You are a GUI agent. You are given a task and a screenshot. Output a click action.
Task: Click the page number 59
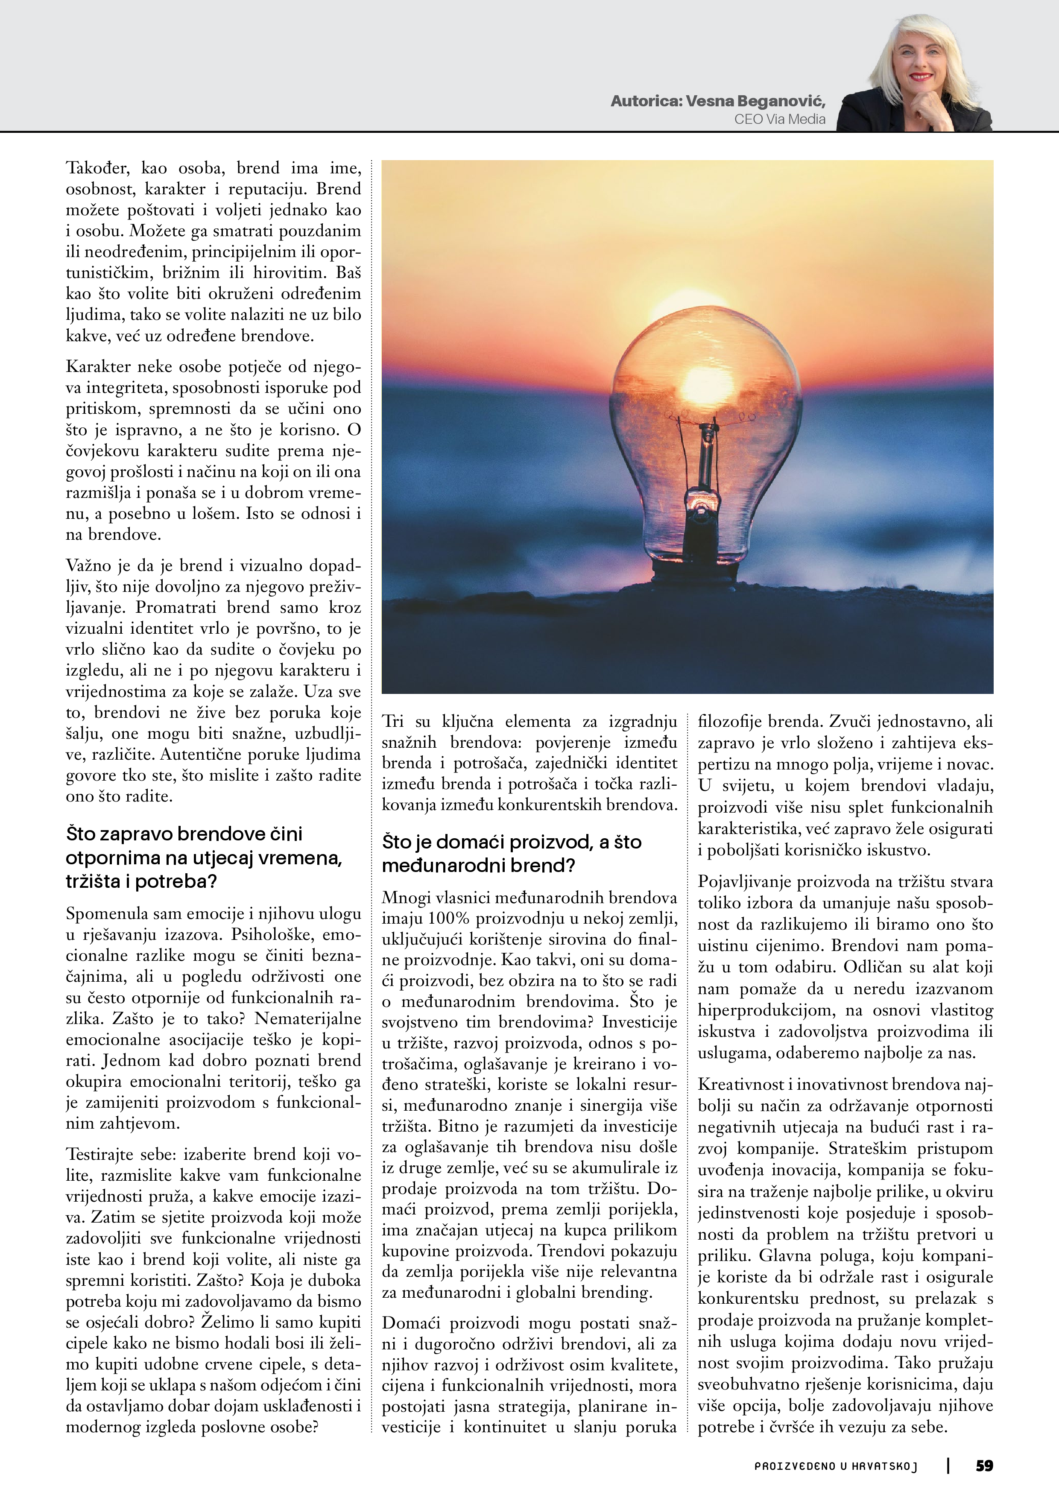(984, 1466)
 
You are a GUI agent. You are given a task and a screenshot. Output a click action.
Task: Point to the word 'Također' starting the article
(97, 168)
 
